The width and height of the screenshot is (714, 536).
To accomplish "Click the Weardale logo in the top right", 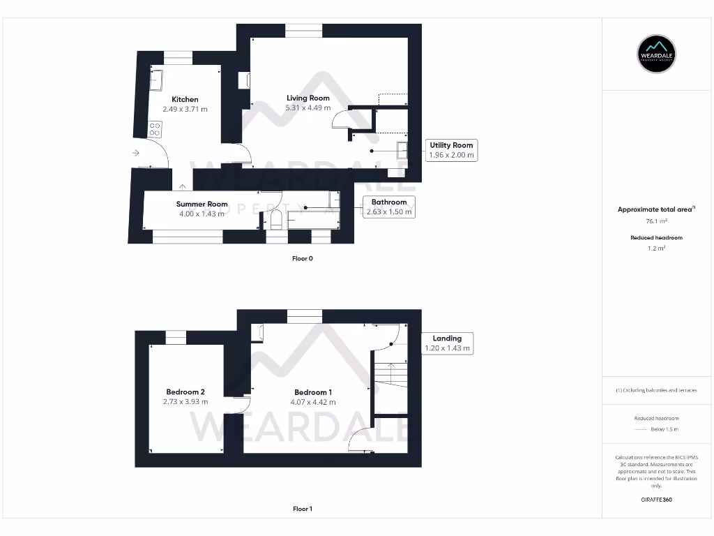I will [x=657, y=53].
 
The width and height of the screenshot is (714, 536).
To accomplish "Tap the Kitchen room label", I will [x=185, y=99].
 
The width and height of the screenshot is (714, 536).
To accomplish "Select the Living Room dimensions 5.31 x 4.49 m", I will [x=308, y=107].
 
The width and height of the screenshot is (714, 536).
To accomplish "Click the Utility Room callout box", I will [x=451, y=150].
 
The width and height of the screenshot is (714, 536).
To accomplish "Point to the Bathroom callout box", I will [x=388, y=207].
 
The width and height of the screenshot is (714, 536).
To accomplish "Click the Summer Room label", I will [x=202, y=204].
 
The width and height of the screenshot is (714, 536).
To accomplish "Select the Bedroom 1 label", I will [x=313, y=392].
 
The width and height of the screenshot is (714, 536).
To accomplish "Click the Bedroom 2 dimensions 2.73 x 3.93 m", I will [x=185, y=401].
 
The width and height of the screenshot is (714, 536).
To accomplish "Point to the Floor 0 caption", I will [x=303, y=258].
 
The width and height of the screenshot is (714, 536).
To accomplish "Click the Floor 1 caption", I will [x=303, y=509].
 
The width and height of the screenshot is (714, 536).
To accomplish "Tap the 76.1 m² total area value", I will [x=657, y=221].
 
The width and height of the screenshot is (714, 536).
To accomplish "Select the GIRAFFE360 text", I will [x=656, y=500].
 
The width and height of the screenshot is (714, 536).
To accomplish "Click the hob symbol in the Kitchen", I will [x=155, y=129].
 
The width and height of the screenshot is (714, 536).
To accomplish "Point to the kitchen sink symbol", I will [x=156, y=80].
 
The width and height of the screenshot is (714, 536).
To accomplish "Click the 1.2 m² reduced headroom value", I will [x=657, y=248].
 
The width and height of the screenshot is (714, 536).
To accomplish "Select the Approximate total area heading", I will [x=656, y=209].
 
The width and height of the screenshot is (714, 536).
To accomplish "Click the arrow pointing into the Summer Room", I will [x=182, y=186].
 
